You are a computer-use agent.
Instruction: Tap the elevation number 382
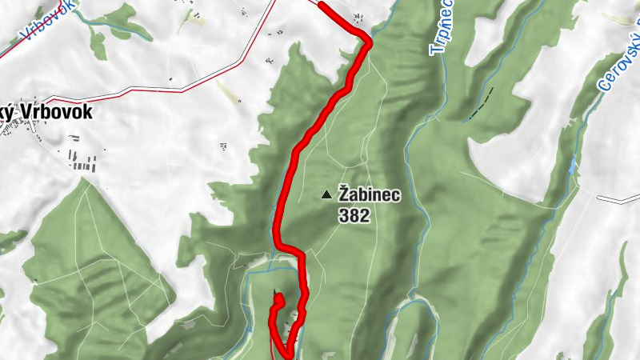coord(354,215)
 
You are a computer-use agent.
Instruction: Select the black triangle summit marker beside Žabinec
coord(326,194)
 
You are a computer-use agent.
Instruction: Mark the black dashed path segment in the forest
coord(481,103)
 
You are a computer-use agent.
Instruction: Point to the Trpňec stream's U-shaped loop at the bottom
coord(416,308)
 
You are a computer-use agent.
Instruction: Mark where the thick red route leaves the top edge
coord(321,4)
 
